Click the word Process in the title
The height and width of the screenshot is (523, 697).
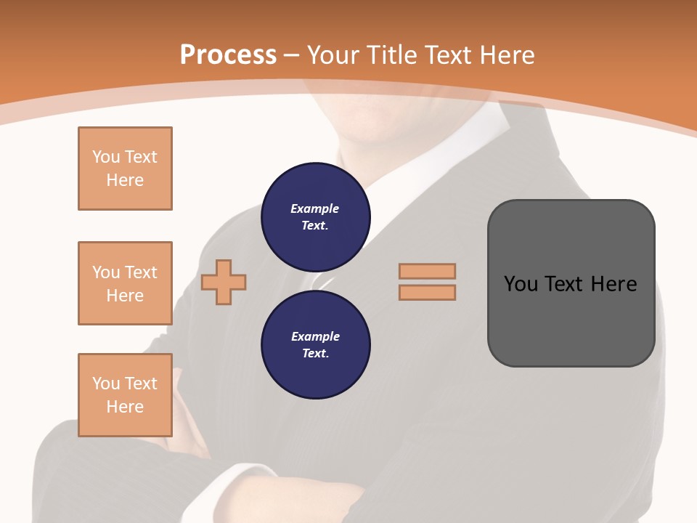(228, 54)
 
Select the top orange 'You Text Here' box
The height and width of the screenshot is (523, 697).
(125, 169)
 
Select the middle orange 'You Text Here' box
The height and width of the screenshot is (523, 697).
(125, 283)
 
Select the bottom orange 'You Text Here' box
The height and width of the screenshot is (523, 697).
(125, 395)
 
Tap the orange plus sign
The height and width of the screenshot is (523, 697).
(224, 283)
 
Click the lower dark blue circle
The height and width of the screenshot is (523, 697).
(315, 345)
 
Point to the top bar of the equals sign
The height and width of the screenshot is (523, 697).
(427, 271)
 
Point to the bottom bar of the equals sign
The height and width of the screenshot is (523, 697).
(427, 293)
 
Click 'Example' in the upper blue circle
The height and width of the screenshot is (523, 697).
(315, 208)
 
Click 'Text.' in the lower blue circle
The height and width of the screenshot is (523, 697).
(315, 354)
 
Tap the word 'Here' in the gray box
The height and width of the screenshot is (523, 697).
(614, 283)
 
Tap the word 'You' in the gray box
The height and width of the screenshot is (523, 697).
(521, 283)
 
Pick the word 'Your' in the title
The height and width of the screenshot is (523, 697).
(335, 54)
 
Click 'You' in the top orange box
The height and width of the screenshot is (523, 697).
(106, 157)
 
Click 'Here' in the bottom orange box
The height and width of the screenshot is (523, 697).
(125, 407)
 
